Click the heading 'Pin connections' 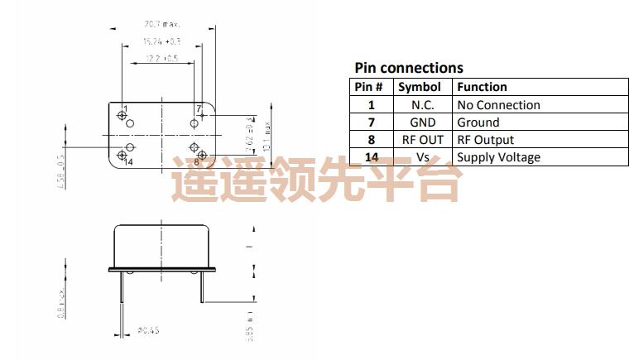409,68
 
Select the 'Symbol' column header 419,87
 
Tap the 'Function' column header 482,87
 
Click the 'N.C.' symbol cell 422,105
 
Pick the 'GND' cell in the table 422,122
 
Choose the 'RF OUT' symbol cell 422,140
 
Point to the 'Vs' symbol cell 422,157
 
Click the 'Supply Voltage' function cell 498,157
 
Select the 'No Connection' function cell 498,105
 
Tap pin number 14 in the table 371,157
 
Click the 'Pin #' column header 369,87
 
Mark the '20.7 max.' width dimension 161,25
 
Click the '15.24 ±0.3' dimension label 161,41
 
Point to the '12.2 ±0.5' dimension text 161,58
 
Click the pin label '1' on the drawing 125,108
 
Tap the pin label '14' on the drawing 127,161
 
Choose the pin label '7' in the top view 199,108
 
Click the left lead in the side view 122,290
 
